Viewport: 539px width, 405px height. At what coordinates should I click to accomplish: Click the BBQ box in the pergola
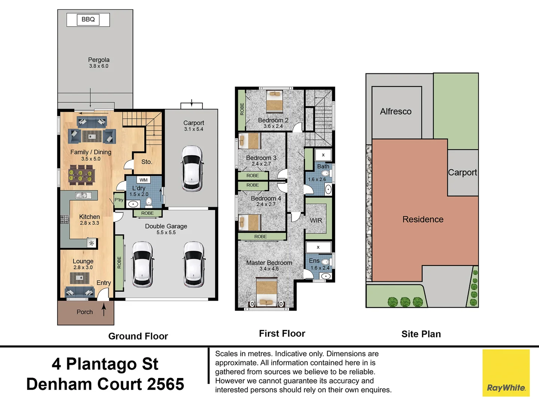point(88,19)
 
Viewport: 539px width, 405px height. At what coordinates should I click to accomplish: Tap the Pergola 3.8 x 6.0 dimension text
point(99,66)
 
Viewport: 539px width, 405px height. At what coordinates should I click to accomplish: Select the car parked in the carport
point(192,168)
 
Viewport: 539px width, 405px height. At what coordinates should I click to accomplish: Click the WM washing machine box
point(144,180)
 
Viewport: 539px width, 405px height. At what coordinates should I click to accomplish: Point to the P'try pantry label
point(119,199)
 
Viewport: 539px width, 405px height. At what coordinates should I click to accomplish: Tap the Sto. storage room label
point(147,162)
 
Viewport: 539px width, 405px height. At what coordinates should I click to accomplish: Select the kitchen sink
point(81,195)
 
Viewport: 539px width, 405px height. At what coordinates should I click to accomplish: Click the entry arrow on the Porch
point(104,309)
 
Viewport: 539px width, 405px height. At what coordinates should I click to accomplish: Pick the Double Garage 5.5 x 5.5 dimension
point(166,232)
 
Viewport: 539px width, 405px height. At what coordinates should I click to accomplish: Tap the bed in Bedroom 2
point(275,101)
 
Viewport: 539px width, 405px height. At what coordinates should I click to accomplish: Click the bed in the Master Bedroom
point(267,292)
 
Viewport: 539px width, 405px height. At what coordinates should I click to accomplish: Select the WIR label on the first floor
point(316,220)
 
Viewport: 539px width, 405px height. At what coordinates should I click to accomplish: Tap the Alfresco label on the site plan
point(396,112)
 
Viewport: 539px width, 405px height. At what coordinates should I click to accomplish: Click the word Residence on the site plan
point(423,219)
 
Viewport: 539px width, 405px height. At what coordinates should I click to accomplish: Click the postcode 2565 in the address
point(165,384)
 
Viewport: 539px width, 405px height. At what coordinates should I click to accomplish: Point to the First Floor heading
point(282,334)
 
